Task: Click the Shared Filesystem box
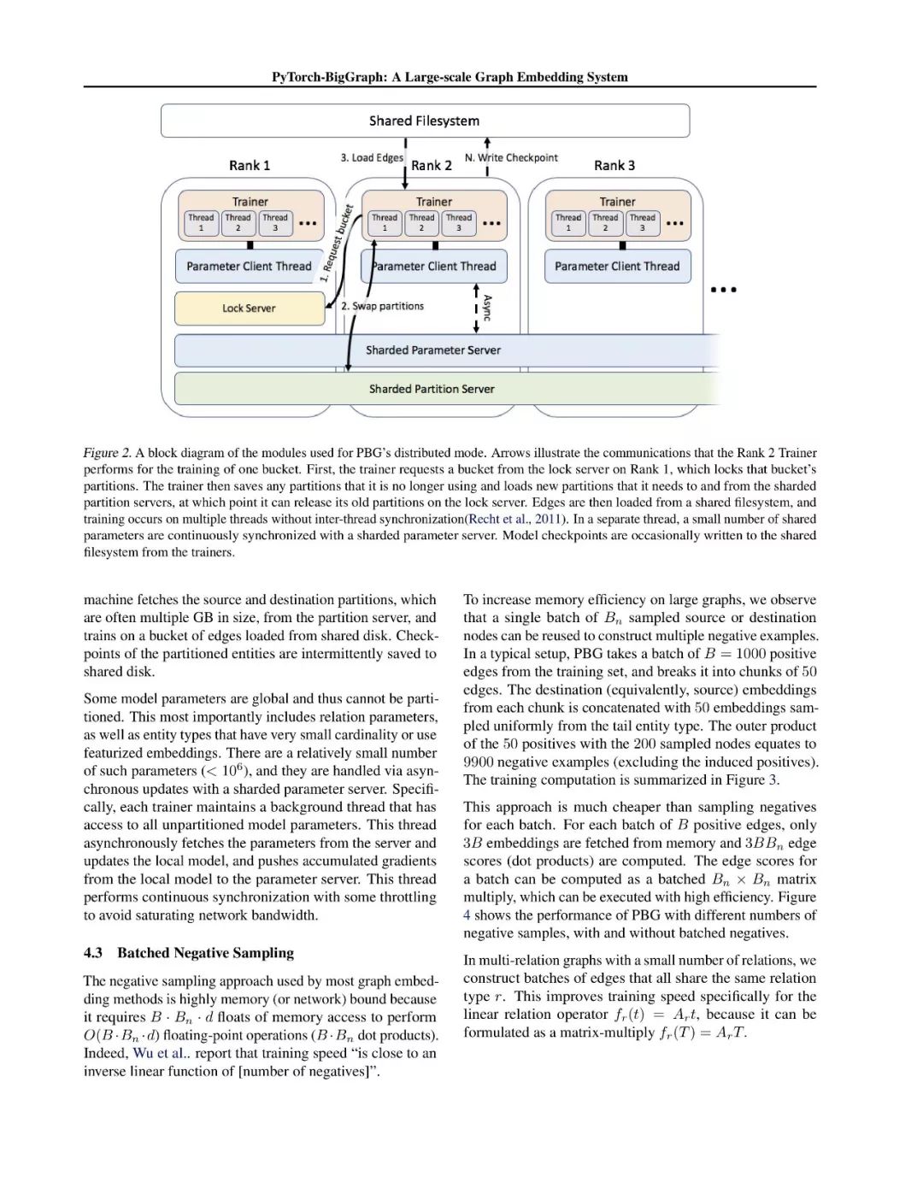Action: pyautogui.click(x=425, y=121)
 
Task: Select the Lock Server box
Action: pyautogui.click(x=249, y=309)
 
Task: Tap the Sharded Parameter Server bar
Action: pyautogui.click(x=433, y=350)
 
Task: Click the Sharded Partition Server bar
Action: pyautogui.click(x=432, y=389)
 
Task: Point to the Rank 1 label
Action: pyautogui.click(x=250, y=165)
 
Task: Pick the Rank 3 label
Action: pyautogui.click(x=614, y=165)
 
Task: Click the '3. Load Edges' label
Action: pyautogui.click(x=372, y=158)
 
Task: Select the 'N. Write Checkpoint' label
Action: pyautogui.click(x=511, y=158)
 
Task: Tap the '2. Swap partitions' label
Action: pyautogui.click(x=382, y=306)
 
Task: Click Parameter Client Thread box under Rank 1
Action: pyautogui.click(x=249, y=267)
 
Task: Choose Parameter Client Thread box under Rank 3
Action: pyautogui.click(x=617, y=267)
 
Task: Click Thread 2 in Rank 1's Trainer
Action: pyautogui.click(x=238, y=223)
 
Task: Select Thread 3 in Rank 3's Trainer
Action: pyautogui.click(x=643, y=223)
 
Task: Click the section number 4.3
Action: pyautogui.click(x=93, y=953)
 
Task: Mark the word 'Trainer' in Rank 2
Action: pyautogui.click(x=434, y=202)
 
